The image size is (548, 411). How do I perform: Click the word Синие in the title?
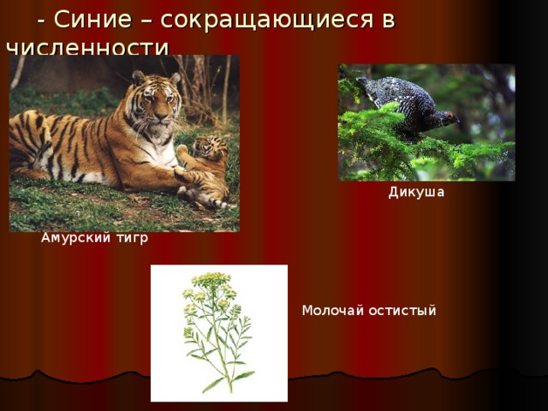88,20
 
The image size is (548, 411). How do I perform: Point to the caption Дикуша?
416,192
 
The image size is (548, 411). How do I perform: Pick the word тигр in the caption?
131,238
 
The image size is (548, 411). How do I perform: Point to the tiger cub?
205,167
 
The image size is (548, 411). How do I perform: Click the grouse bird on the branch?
402,104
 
